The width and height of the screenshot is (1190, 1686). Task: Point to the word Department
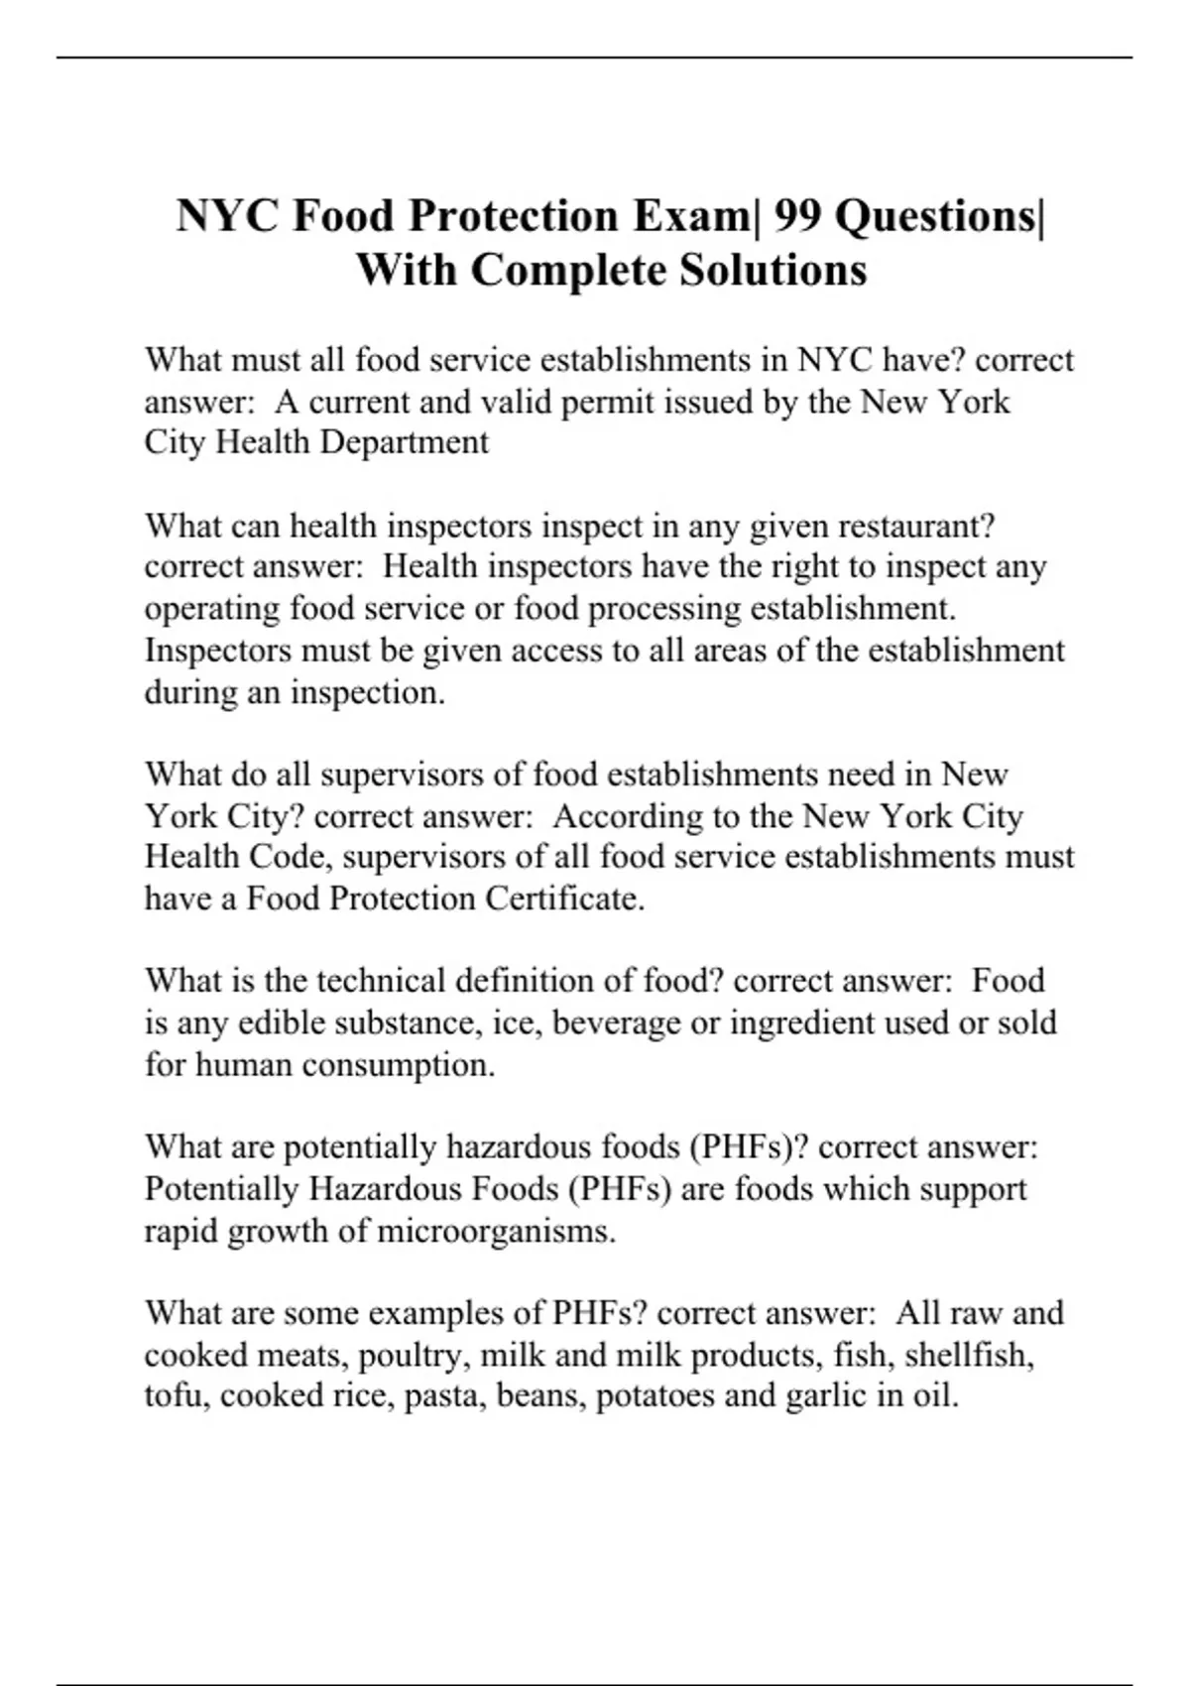[x=404, y=442]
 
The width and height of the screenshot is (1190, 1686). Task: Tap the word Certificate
[x=565, y=899]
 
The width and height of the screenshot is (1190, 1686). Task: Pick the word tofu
[x=176, y=1395]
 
